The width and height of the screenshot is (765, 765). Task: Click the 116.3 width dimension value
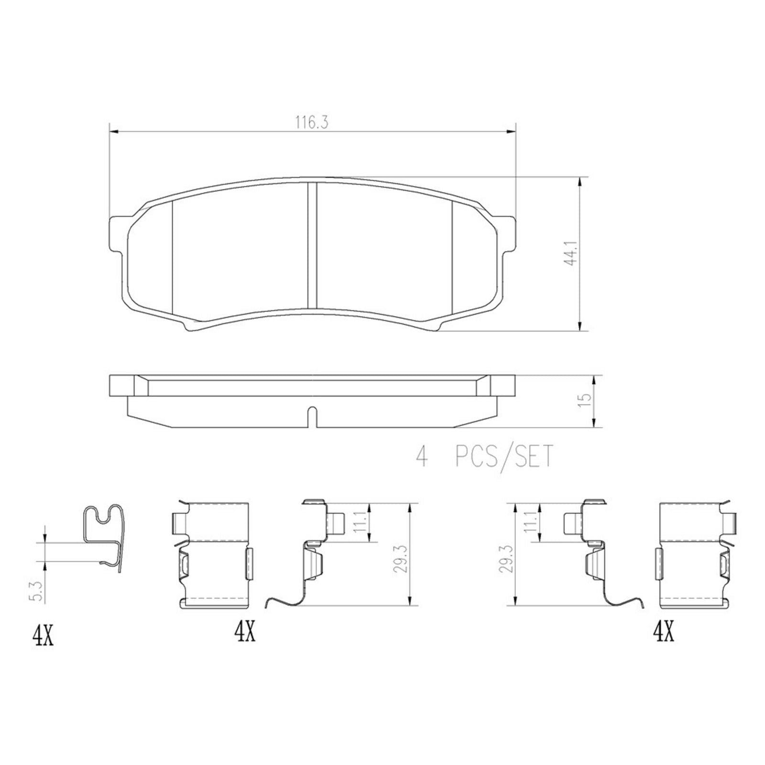click(x=311, y=123)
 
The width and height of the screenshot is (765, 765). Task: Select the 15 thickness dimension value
click(x=584, y=400)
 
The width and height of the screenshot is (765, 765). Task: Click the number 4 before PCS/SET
click(x=422, y=457)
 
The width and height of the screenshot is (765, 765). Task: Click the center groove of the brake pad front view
click(x=312, y=245)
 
